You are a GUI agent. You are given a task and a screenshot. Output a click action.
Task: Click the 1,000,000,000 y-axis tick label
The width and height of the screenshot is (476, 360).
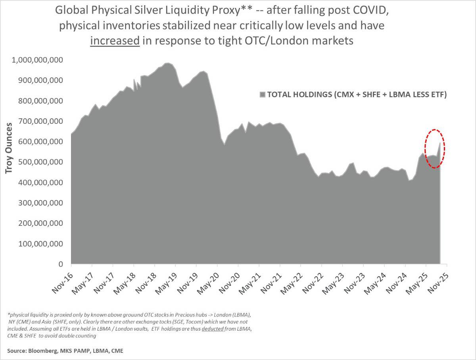[38, 60]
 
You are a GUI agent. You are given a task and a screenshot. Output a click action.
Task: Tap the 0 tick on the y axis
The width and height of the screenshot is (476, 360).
[61, 264]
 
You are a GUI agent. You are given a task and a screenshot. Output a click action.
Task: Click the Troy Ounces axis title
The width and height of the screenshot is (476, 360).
[8, 148]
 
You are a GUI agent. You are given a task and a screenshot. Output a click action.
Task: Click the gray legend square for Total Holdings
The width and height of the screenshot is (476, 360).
[262, 94]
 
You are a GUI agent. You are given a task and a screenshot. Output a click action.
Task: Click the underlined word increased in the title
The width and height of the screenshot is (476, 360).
[115, 40]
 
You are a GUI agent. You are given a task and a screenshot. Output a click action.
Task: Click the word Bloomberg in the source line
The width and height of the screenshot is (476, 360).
[44, 351]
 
